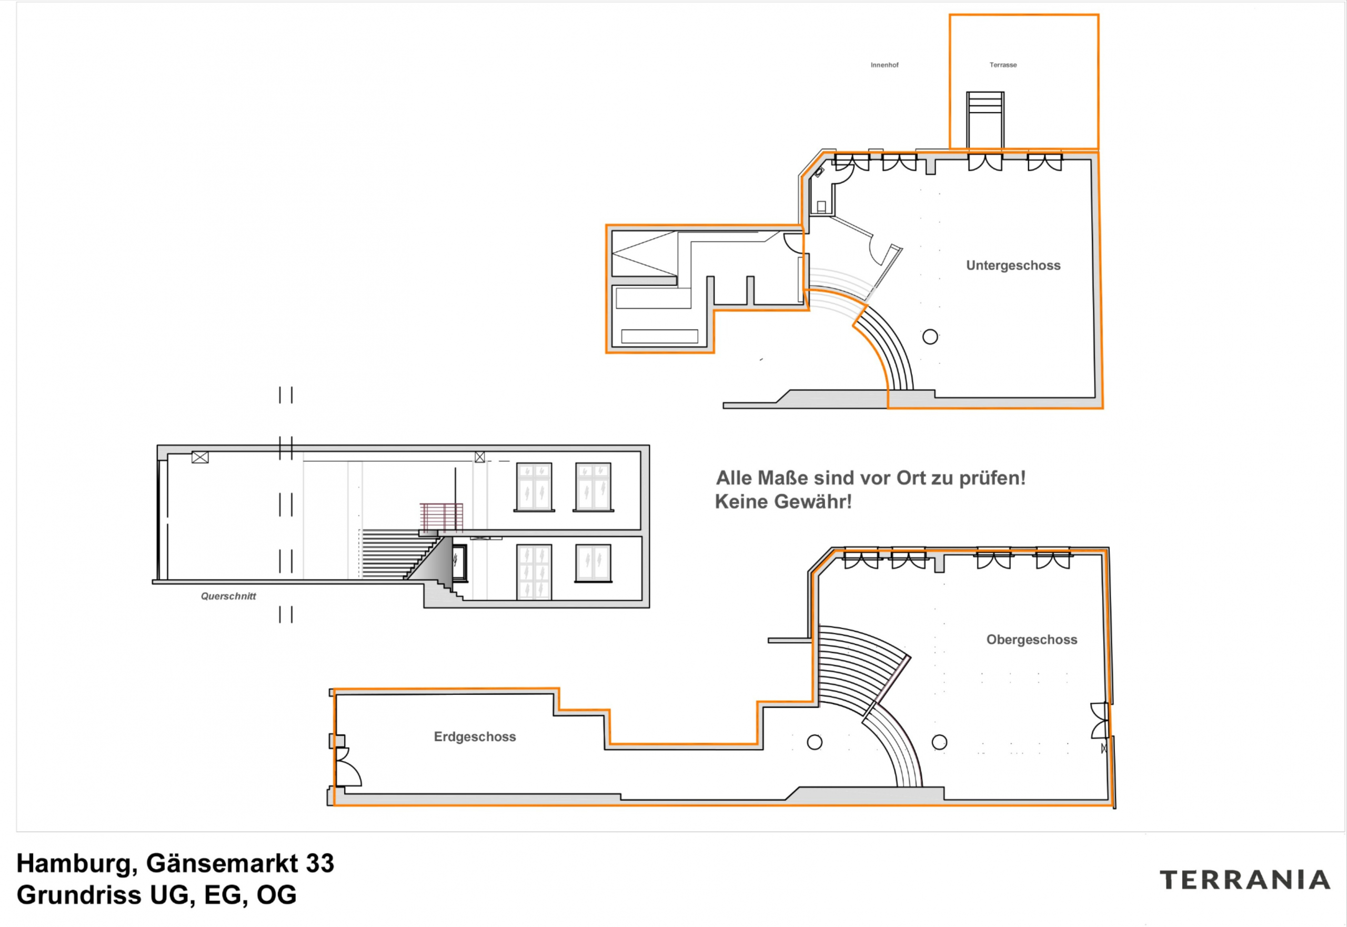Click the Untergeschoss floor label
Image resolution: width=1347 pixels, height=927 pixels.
coord(1013,265)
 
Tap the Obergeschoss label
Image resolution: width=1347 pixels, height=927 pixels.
coord(1032,640)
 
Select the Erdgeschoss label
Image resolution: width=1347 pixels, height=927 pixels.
coord(475,736)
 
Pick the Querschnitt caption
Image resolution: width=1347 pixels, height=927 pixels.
coord(228,596)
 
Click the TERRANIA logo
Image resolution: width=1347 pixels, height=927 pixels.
coord(1245,881)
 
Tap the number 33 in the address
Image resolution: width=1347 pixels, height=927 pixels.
coord(320,863)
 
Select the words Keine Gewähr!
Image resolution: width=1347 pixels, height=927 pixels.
coord(783,502)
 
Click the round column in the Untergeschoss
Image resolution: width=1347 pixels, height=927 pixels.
coord(930,336)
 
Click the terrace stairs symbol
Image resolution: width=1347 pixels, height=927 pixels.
coord(986,119)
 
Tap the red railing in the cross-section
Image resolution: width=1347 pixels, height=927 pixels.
coord(441,517)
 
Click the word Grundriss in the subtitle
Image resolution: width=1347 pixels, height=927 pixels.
coord(79,895)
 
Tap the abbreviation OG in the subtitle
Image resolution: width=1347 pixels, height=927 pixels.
coord(276,895)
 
